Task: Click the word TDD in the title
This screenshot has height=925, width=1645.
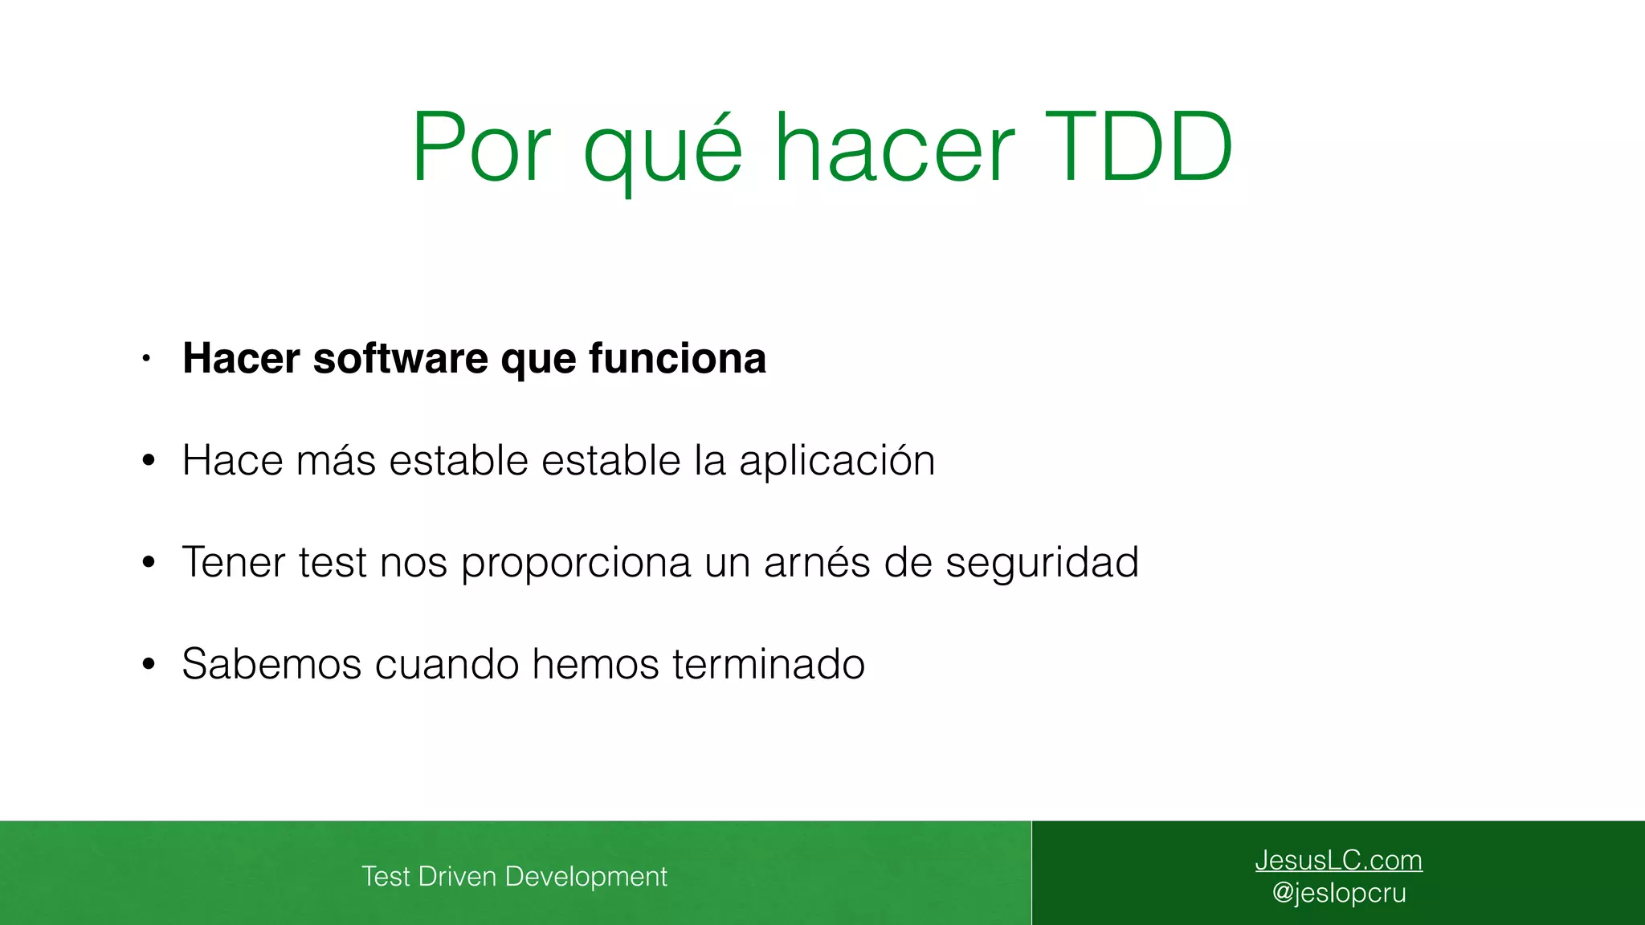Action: coord(1138,148)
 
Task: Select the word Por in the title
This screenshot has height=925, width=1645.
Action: coord(481,148)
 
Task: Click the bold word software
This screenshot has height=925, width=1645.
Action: coord(400,358)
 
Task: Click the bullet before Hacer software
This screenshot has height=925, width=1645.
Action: coord(146,359)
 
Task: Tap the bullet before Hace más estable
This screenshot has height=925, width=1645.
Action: coord(148,461)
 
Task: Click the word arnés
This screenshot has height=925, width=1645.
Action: coord(817,562)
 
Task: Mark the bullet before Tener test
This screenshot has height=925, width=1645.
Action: coord(148,563)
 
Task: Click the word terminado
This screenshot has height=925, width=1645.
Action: coord(769,664)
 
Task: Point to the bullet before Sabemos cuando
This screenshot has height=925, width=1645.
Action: coord(148,665)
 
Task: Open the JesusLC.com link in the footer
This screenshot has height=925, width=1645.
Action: coord(1338,860)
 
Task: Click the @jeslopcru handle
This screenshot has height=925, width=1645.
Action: coord(1339,893)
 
